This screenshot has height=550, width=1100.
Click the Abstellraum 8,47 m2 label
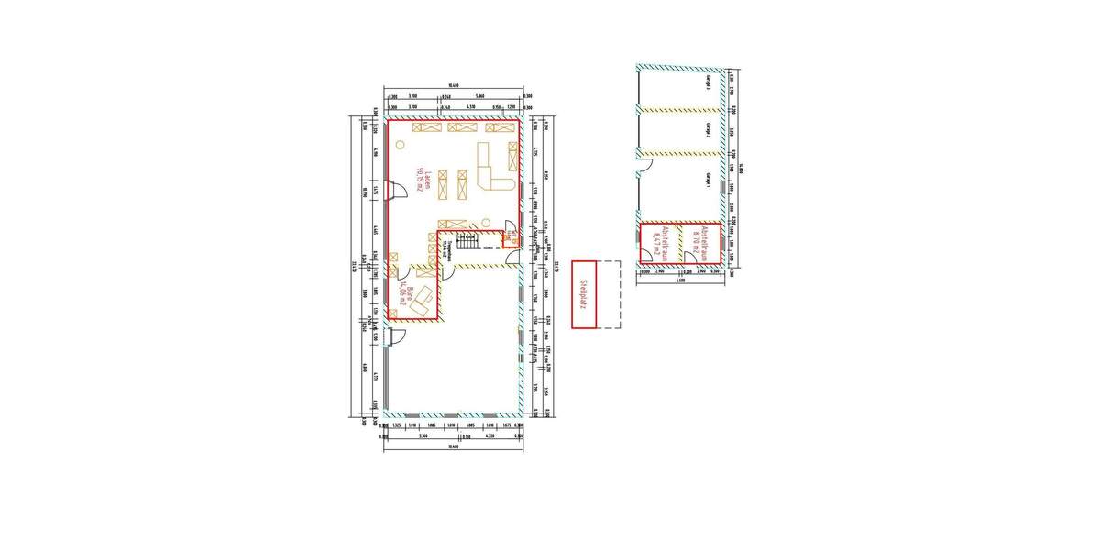[657, 243]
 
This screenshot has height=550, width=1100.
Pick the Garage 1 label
[709, 181]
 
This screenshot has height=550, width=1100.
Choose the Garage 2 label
[709, 129]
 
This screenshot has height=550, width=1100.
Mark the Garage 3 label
[709, 84]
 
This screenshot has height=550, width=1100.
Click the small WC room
[509, 239]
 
